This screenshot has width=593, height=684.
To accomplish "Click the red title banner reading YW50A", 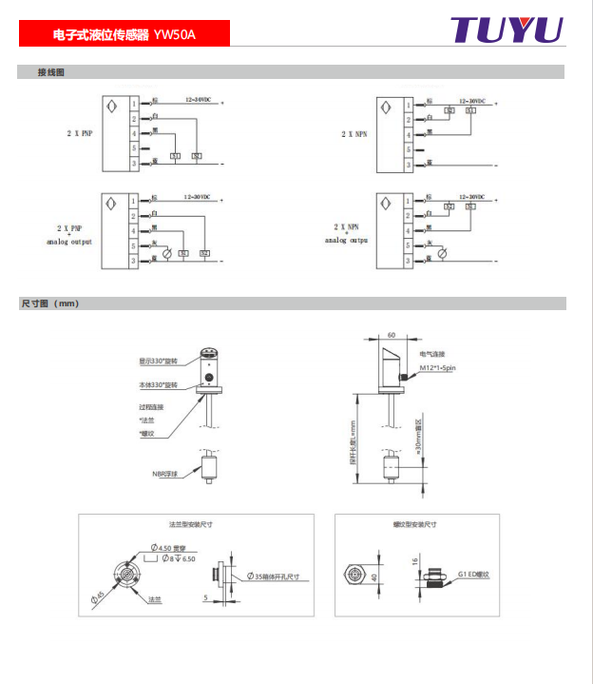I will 124,35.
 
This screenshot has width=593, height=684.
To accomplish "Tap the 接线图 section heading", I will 50,72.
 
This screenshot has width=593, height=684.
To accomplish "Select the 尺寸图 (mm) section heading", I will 49,304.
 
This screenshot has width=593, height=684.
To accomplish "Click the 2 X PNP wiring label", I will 80,134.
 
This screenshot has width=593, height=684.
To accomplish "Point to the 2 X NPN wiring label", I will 354,134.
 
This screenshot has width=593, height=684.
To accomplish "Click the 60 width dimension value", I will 391,335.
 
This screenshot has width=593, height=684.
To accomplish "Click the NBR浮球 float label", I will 165,473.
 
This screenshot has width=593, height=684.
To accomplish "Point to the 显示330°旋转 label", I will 159,361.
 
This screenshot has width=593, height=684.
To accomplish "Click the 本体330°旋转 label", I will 159,385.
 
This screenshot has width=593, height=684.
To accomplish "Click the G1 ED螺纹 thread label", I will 473,575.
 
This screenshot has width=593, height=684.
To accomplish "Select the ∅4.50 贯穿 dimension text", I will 171,547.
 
